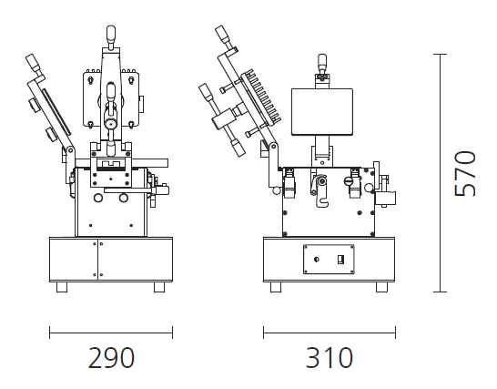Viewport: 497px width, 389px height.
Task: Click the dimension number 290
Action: pyautogui.click(x=111, y=358)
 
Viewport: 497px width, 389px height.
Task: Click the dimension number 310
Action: pyautogui.click(x=330, y=358)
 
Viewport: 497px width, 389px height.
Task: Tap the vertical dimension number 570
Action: pyautogui.click(x=465, y=173)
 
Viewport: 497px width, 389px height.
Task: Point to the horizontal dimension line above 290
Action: pyautogui.click(x=111, y=333)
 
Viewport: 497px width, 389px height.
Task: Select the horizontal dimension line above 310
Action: pyautogui.click(x=330, y=333)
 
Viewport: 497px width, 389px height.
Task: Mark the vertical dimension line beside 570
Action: pyautogui.click(x=440, y=173)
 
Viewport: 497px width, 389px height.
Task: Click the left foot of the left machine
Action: pyautogui.click(x=62, y=287)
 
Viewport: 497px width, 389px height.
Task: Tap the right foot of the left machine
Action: pyautogui.click(x=159, y=287)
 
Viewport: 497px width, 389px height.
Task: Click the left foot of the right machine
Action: pyautogui.click(x=276, y=287)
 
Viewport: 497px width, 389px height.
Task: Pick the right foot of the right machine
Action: pyautogui.click(x=381, y=287)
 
